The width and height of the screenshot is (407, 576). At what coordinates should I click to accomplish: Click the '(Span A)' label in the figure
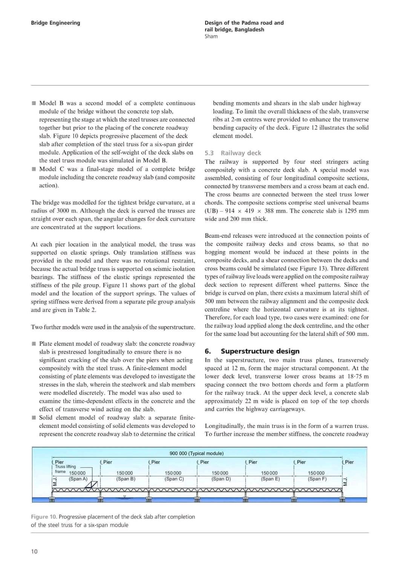pos(78,479)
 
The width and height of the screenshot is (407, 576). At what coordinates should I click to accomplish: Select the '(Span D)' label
pos(221,479)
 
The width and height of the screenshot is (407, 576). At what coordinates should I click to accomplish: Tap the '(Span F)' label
pos(317,479)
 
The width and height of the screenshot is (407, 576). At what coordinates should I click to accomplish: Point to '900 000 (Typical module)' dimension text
pos(196,453)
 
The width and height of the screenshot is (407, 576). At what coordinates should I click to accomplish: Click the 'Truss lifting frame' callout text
pos(65,469)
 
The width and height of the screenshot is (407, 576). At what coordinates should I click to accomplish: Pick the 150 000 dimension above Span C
pos(173,473)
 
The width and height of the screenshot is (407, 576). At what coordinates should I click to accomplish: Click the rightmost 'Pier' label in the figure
pos(349,462)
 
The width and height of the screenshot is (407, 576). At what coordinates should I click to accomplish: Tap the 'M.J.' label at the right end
pos(345,482)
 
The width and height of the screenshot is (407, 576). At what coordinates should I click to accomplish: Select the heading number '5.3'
pos(209,153)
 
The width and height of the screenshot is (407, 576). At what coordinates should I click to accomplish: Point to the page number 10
pos(34,552)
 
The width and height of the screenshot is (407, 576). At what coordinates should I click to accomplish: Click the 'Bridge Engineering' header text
pos(55,23)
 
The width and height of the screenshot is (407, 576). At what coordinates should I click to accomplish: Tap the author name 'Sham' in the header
pos(211,37)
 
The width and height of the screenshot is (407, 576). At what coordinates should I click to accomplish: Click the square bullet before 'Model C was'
pos(34,169)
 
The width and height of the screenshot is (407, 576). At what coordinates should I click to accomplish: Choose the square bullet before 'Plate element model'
pos(34,343)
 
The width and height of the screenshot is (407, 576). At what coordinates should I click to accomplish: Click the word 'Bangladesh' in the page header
pos(249,30)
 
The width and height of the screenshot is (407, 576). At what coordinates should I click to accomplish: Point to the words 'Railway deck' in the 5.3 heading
pos(241,153)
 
